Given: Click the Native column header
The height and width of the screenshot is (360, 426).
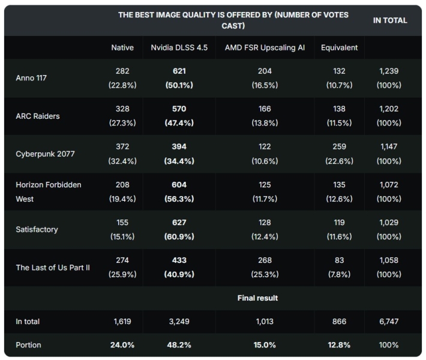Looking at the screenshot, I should point(122,47).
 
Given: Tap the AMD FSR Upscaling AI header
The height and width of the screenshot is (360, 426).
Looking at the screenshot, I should point(265,47).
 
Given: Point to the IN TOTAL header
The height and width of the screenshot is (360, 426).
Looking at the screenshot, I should point(389,20).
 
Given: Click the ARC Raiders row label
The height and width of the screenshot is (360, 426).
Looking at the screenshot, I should point(38,116).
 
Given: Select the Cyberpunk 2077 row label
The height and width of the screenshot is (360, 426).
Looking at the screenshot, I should point(44,154).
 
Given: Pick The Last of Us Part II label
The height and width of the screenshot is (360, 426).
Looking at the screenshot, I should point(53,267).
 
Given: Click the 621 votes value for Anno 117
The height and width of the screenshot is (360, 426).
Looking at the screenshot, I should point(179,71).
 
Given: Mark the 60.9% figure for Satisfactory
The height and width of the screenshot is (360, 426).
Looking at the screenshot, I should point(179,236).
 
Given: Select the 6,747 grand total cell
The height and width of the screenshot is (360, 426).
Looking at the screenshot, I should point(389,322).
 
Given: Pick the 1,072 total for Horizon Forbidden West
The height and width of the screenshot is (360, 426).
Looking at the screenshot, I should point(389,185).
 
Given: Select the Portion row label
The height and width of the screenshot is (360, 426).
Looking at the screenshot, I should point(29,345).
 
